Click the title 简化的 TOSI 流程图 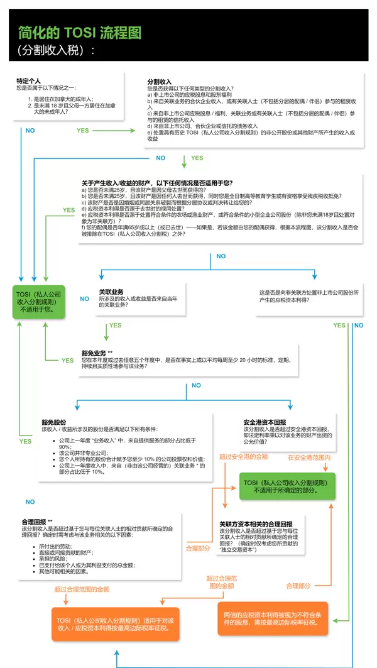click(x=80, y=32)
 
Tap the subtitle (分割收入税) click(x=57, y=50)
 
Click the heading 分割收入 click(x=160, y=82)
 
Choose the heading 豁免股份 click(x=55, y=422)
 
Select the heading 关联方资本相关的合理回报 click(x=256, y=523)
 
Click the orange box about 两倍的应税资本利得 click(x=275, y=618)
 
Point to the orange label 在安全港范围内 click(x=309, y=457)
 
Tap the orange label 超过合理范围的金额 click(x=82, y=589)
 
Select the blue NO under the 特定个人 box click(x=30, y=130)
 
